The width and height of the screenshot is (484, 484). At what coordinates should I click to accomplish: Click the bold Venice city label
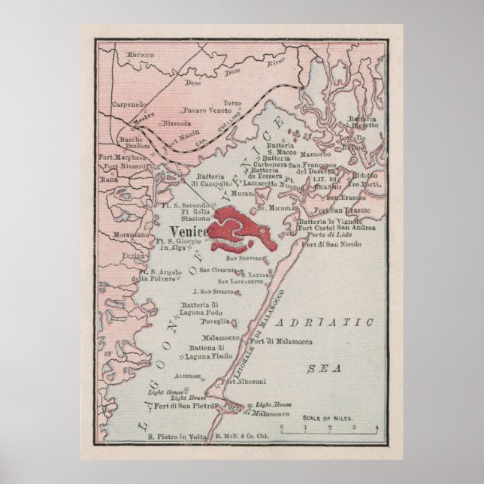tap(189, 231)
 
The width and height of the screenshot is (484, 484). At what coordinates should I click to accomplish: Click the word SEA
tap(325, 368)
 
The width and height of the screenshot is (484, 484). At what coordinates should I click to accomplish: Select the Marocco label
tap(139, 56)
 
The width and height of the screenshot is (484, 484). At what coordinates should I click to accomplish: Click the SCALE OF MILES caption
tap(328, 418)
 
